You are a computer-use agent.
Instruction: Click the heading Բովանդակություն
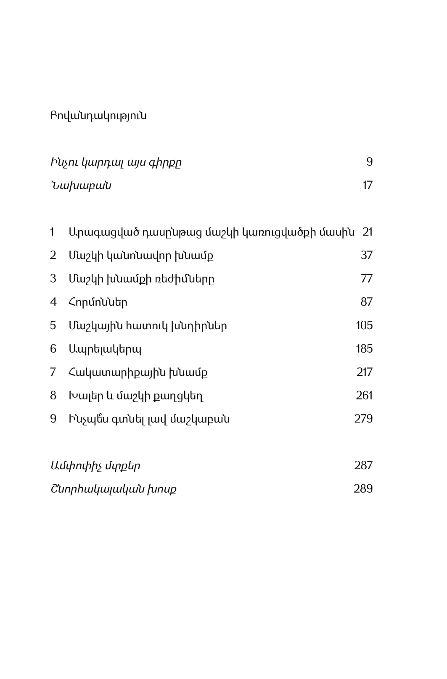[x=98, y=116]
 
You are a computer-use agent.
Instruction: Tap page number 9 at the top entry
[x=369, y=162]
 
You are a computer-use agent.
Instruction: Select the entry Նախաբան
[x=81, y=185]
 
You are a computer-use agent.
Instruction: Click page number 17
[x=367, y=185]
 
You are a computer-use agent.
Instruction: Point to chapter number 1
[x=52, y=232]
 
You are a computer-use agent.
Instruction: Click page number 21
[x=367, y=232]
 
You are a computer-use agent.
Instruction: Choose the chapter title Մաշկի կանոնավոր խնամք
[x=141, y=256]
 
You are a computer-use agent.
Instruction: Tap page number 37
[x=366, y=255]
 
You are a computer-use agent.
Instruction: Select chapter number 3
[x=53, y=279]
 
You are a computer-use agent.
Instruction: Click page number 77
[x=366, y=279]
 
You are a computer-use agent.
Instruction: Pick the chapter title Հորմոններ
[x=98, y=302]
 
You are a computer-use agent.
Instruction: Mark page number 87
[x=366, y=302]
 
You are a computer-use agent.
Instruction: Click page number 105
[x=364, y=325]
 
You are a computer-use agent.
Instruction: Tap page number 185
[x=364, y=349]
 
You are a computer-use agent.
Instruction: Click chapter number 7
[x=53, y=372]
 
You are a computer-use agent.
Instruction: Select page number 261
[x=364, y=396]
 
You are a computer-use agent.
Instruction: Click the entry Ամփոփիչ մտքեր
[x=95, y=466]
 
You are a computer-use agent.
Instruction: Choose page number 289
[x=363, y=489]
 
